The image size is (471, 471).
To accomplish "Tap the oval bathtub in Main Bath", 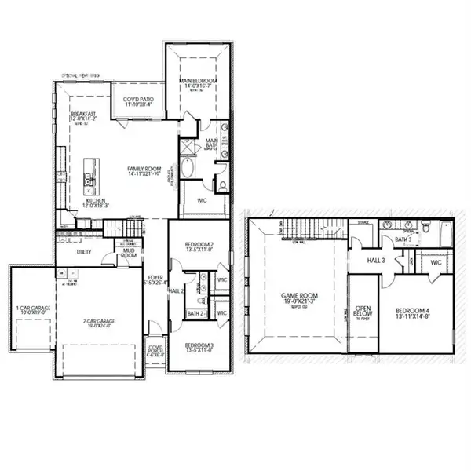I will coord(189,170).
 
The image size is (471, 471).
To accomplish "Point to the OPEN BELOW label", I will coord(363,312).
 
